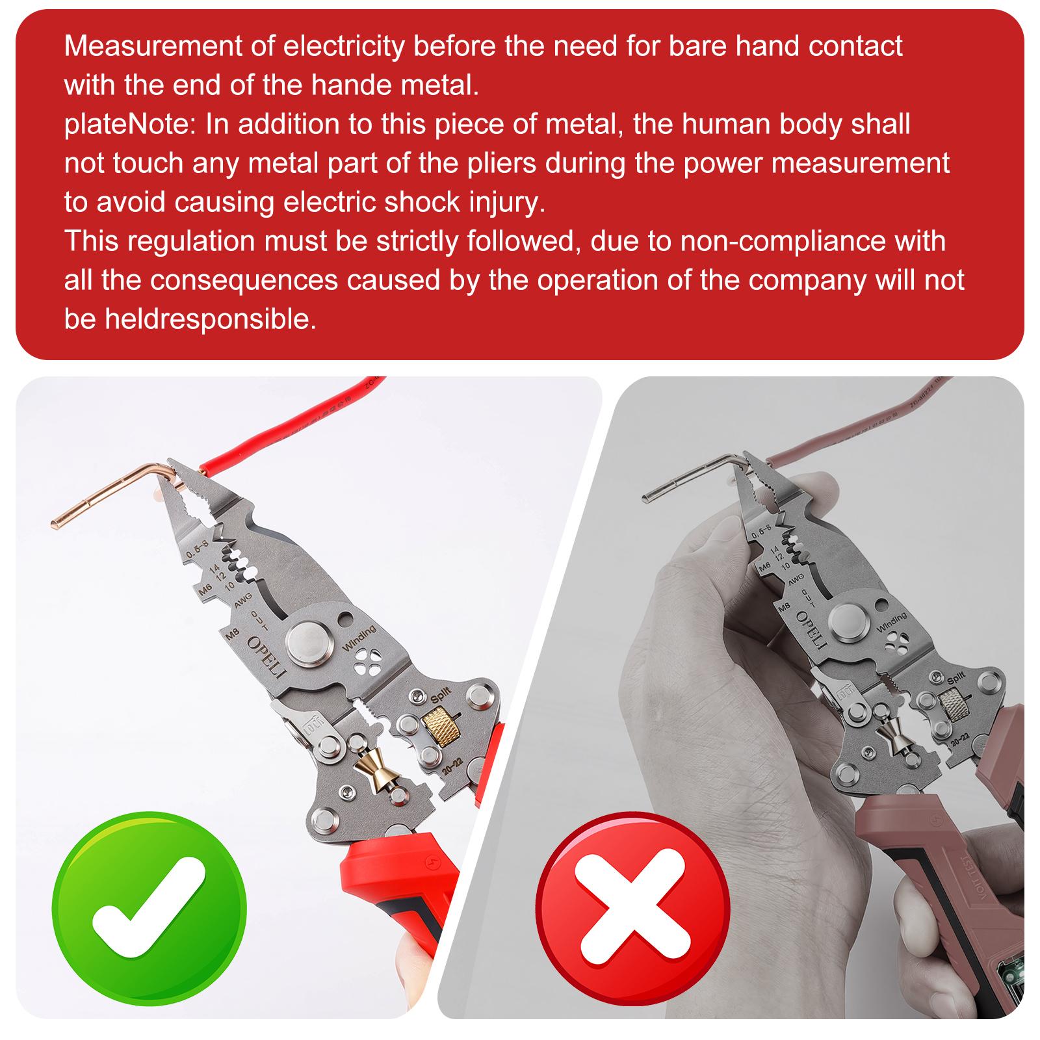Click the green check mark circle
click(149, 904)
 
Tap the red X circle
click(633, 904)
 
